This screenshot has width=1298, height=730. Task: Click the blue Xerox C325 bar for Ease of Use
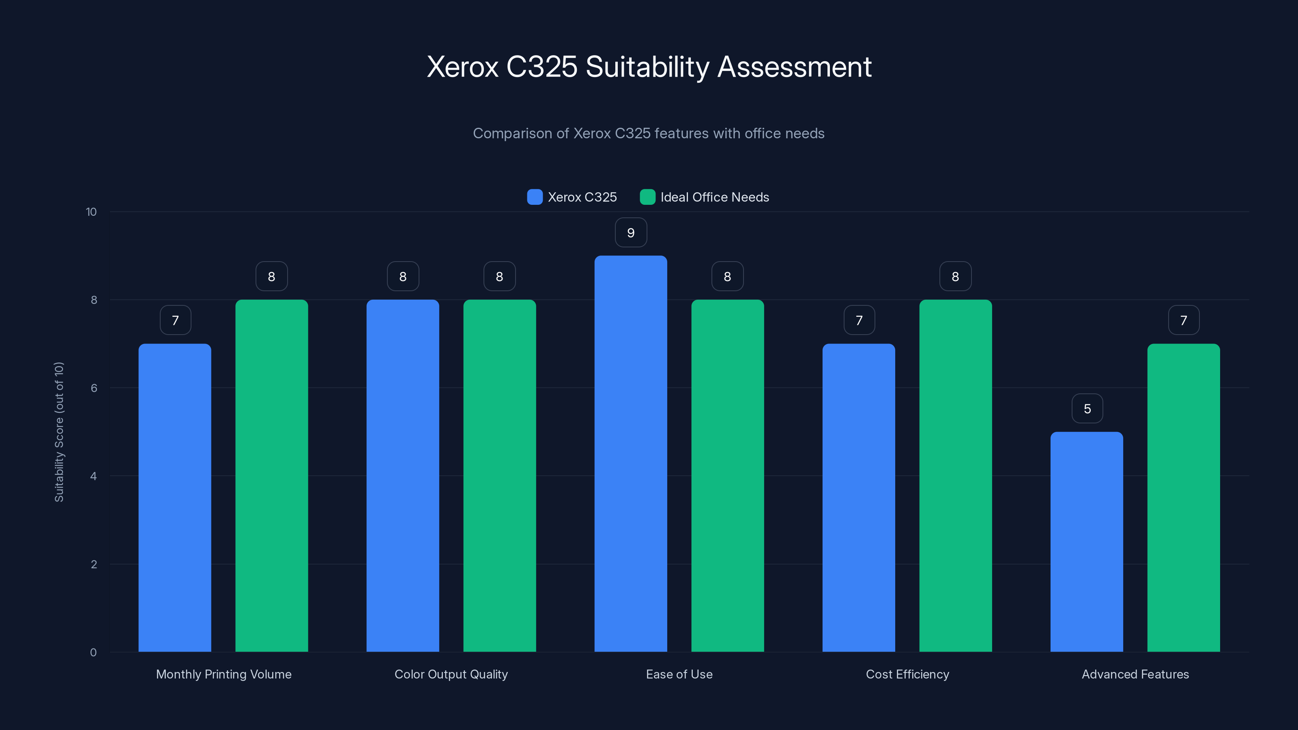pos(630,453)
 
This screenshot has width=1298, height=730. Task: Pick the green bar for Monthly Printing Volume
pos(272,476)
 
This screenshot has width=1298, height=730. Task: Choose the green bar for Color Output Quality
pos(499,476)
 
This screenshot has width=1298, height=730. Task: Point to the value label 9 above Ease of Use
pos(631,233)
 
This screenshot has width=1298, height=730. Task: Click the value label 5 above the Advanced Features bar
pos(1087,408)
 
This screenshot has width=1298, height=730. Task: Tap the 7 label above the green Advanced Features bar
pos(1184,320)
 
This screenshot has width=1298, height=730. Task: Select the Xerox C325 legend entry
pos(572,197)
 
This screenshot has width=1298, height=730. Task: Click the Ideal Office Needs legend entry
pos(705,197)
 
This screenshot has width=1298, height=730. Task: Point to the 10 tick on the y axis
pos(91,212)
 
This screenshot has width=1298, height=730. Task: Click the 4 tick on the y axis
pos(93,476)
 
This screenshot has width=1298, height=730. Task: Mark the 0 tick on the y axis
pos(93,653)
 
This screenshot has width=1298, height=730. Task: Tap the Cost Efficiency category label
pos(907,674)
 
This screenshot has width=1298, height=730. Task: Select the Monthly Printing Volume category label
pos(224,674)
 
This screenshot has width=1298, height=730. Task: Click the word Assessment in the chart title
pos(794,67)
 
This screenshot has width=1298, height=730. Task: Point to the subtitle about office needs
pos(649,133)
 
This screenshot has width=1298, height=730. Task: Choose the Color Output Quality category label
pos(451,674)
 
